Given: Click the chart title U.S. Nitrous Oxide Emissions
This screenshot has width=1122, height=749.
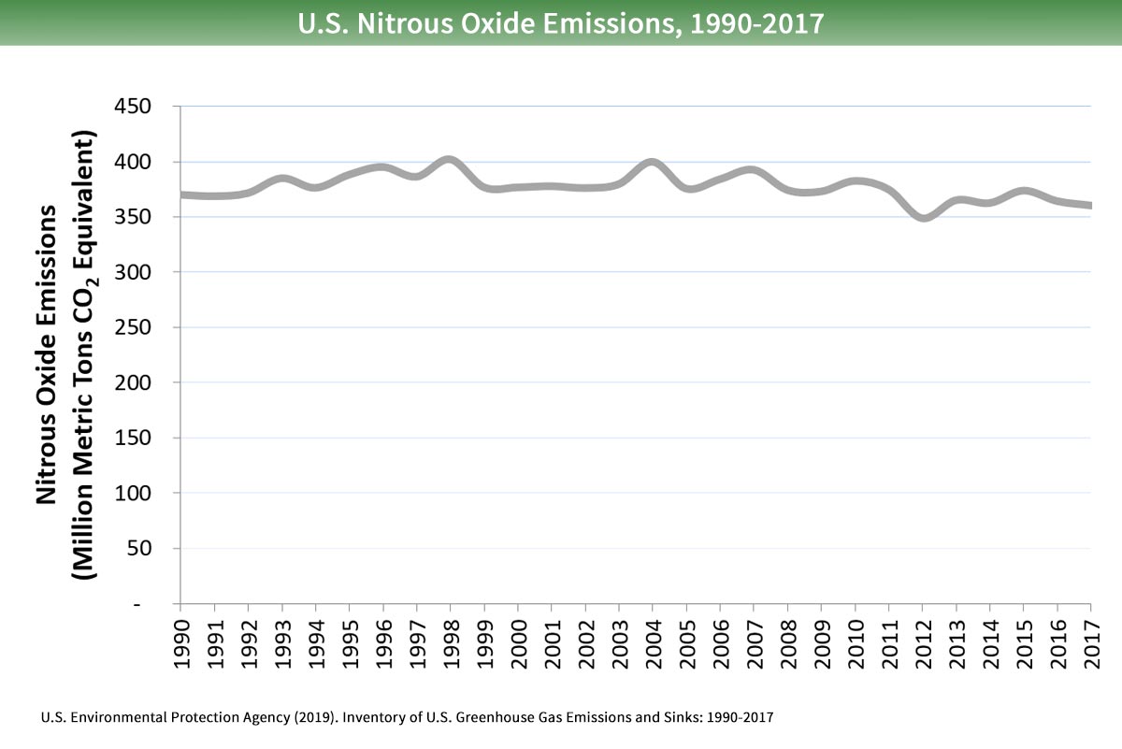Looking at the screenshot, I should tap(561, 22).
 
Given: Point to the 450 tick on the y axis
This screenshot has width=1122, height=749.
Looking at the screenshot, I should tap(145, 107).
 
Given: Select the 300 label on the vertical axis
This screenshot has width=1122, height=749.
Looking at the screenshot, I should tap(145, 272).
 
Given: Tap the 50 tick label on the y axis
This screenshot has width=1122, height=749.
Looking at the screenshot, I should tap(151, 548).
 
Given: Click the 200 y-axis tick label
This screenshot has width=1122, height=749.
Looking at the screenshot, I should tap(145, 382).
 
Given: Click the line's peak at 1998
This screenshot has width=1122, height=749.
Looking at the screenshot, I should tap(450, 160).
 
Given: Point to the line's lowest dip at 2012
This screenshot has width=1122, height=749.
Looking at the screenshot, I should tap(923, 218).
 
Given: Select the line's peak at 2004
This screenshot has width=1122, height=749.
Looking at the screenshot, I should tap(653, 163).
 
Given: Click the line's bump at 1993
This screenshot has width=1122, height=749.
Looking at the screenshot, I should tap(282, 178).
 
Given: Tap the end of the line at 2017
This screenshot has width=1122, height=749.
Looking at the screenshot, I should tap(1089, 206).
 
